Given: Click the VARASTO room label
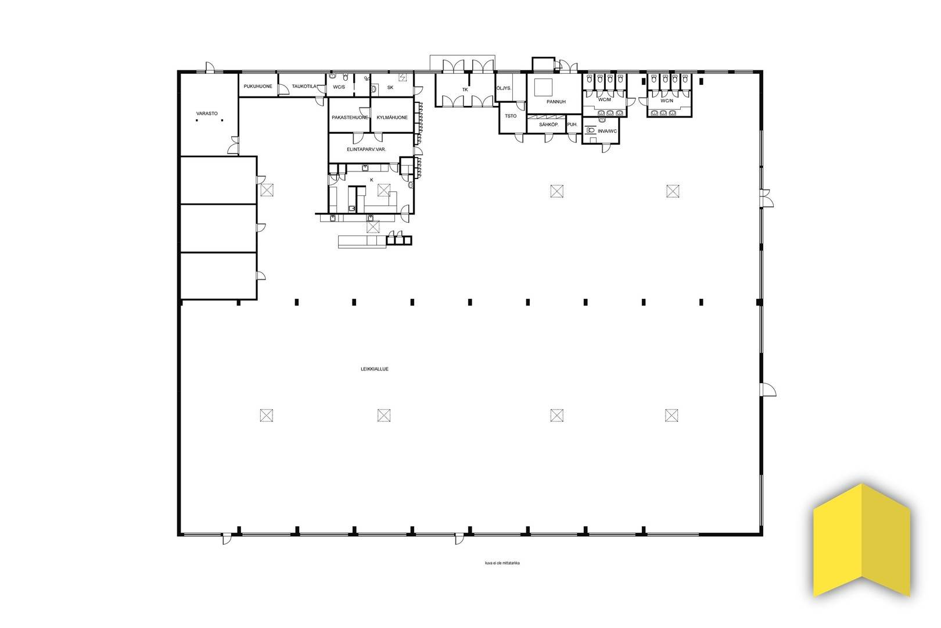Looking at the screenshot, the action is (207, 113).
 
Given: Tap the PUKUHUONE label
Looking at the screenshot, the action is (258, 86).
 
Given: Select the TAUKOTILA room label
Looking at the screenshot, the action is (304, 86).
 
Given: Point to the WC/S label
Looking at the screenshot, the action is (339, 87).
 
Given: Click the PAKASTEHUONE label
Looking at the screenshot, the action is (350, 117).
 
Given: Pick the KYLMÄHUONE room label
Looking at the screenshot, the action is (392, 117).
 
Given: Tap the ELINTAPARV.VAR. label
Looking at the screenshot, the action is (367, 149).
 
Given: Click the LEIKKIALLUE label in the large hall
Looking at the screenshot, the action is (375, 369).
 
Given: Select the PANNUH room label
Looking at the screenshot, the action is (556, 102).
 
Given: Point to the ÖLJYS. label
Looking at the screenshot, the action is (504, 88).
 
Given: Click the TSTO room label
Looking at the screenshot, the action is (511, 116).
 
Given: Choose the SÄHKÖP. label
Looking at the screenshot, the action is (549, 124).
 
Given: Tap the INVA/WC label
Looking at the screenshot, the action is (608, 131).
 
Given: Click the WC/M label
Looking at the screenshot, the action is (605, 99).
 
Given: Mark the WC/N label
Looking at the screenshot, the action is (667, 101).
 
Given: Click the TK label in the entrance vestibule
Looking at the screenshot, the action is (465, 90).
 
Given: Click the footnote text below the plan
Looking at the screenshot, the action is (502, 563).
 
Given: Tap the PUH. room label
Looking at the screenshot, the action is (572, 124).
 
